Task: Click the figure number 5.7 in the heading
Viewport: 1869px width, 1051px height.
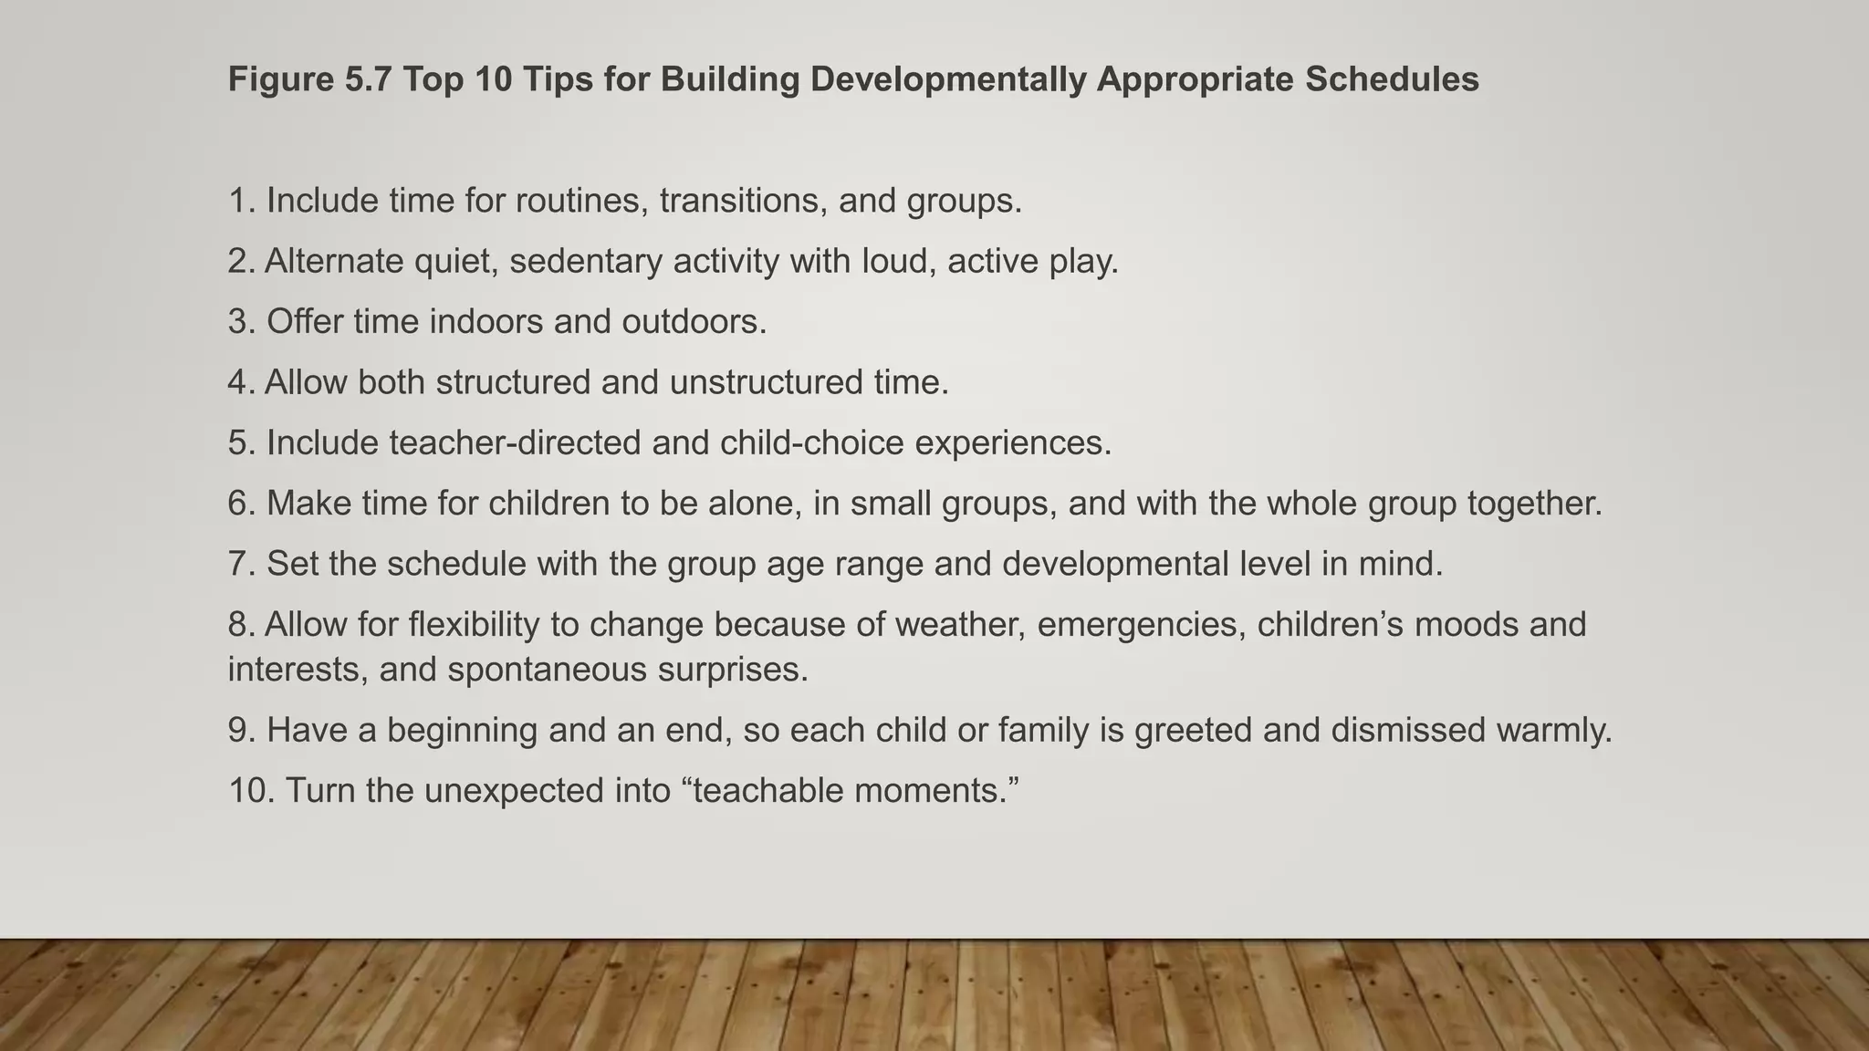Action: click(x=367, y=79)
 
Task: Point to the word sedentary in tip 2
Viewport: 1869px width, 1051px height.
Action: click(x=585, y=262)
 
